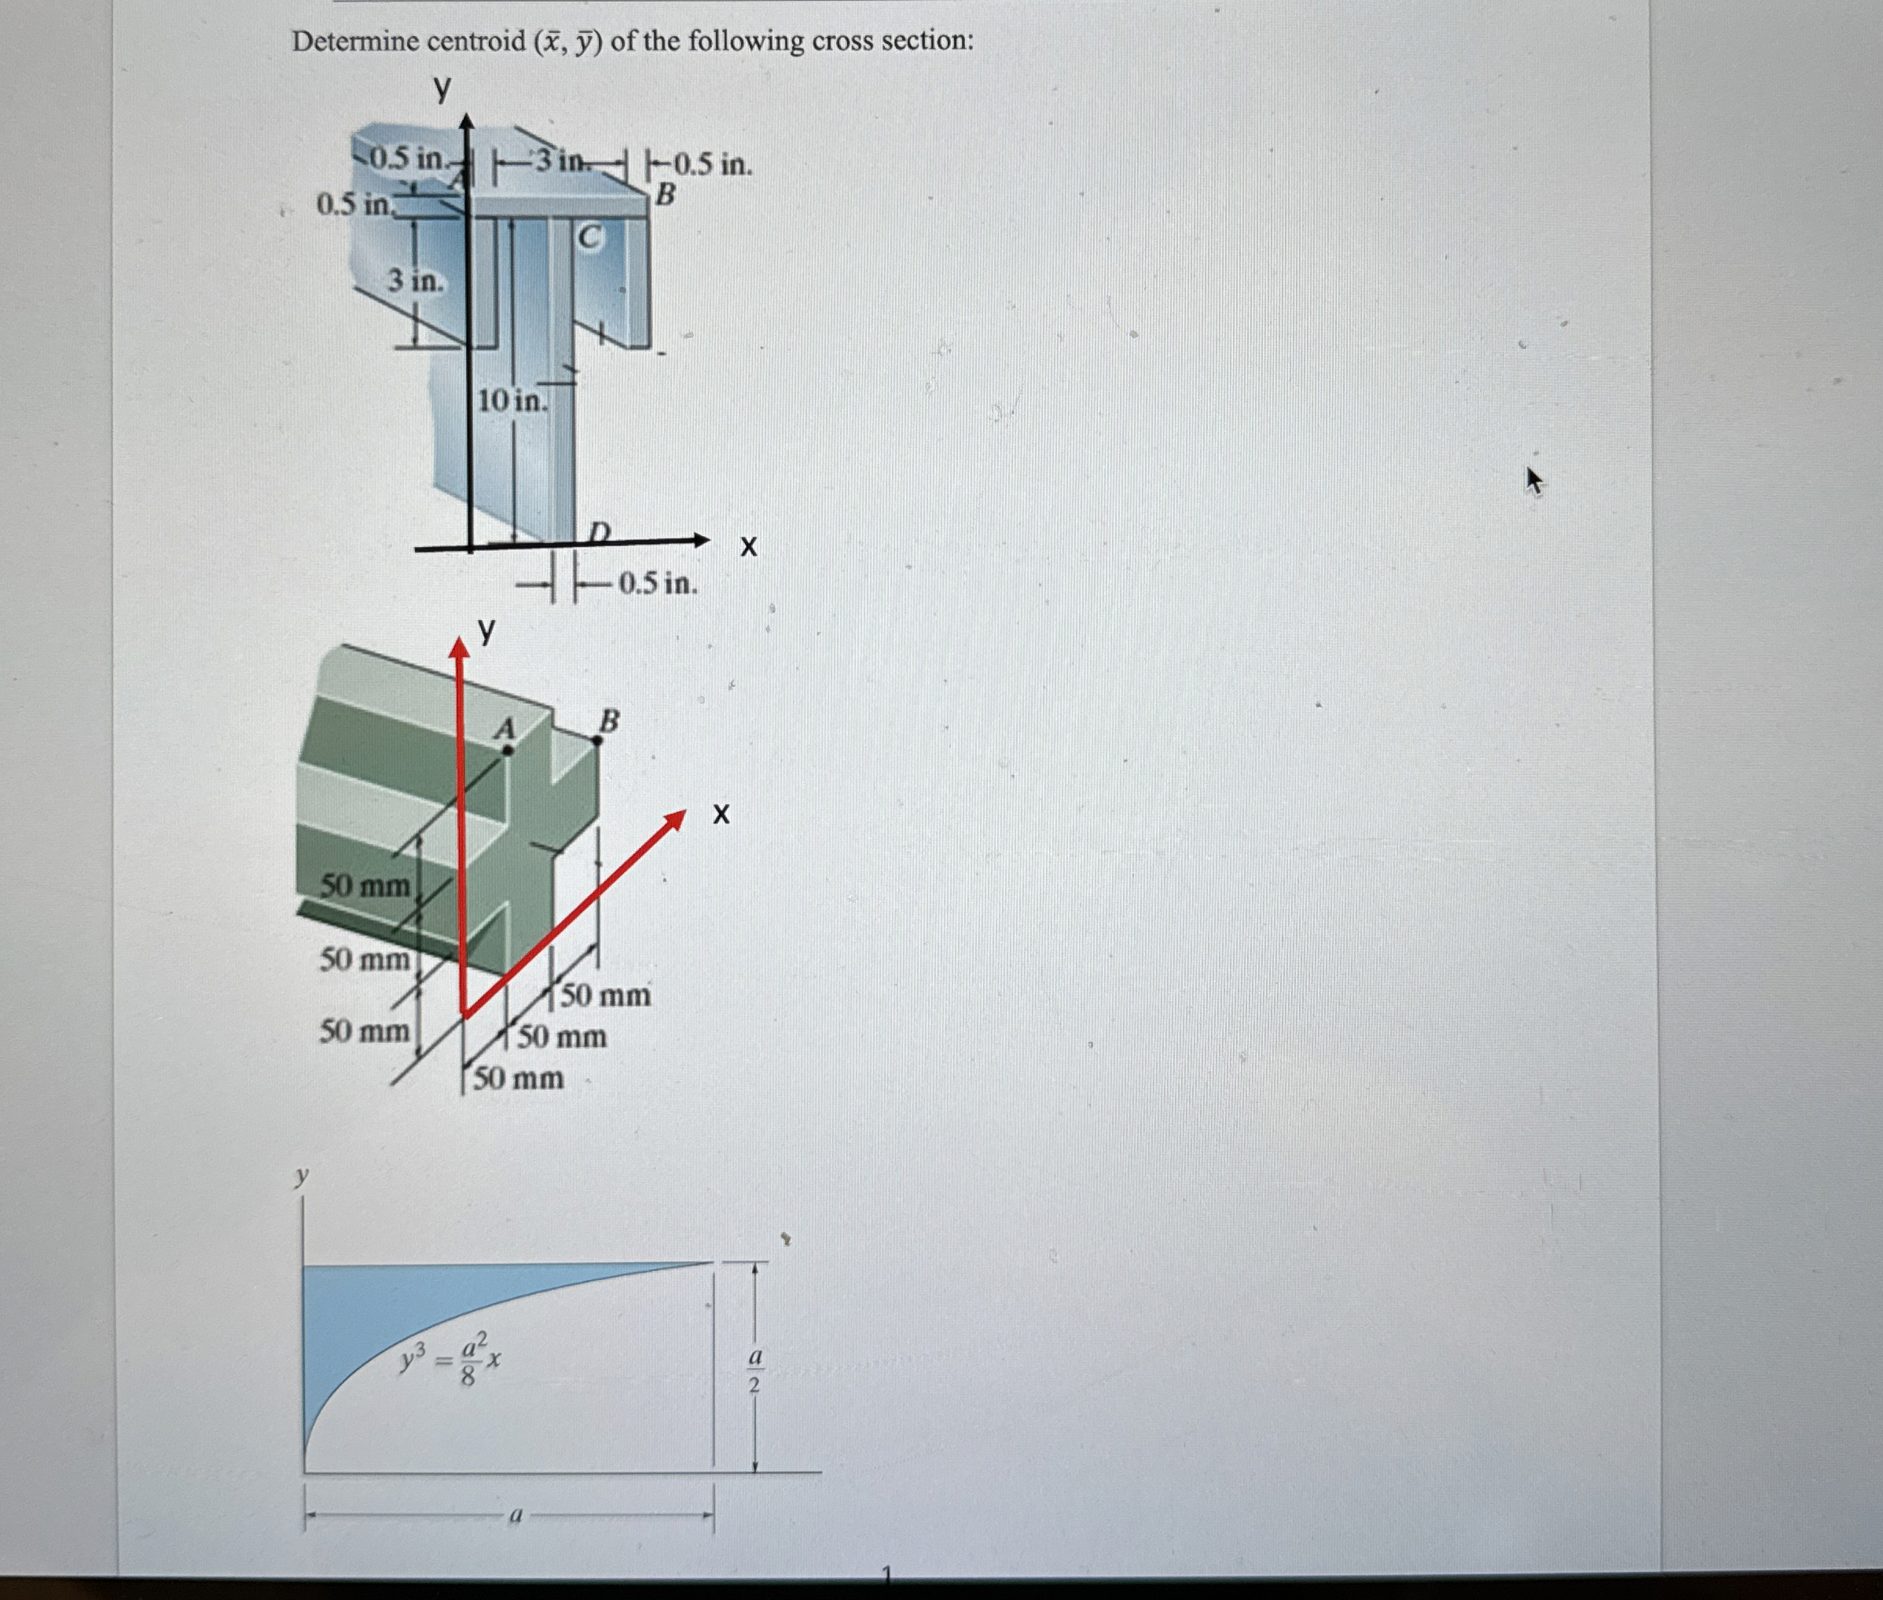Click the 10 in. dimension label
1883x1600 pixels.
tap(512, 400)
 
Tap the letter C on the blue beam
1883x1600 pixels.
tap(589, 237)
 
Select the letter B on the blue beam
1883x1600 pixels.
tap(666, 194)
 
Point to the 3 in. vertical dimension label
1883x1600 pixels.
tap(417, 281)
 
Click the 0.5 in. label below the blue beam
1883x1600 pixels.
tap(658, 583)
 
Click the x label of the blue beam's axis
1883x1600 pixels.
tap(748, 546)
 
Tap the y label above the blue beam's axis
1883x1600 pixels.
tap(442, 88)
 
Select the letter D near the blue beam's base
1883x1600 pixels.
tap(600, 530)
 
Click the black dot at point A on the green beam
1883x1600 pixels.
tap(508, 750)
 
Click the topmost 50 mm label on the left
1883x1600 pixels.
tap(365, 885)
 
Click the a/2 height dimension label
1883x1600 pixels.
tap(754, 1371)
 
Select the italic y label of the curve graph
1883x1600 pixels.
tap(302, 1176)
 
